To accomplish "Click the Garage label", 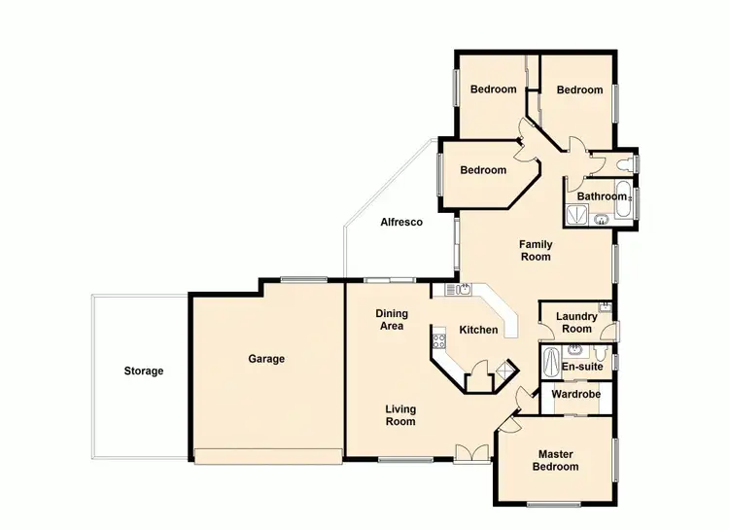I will [266, 359].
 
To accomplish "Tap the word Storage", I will [143, 371].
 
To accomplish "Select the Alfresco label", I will [400, 223].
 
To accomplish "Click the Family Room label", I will [536, 250].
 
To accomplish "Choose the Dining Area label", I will [391, 320].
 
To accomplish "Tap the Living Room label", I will [400, 415].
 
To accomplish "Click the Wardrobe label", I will [575, 395].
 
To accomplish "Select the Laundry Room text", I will [575, 322].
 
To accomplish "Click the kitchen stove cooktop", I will [439, 341].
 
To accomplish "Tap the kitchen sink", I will [465, 289].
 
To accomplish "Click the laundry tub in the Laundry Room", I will [605, 305].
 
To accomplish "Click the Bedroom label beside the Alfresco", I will [483, 170].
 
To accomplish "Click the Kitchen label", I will [478, 330].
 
